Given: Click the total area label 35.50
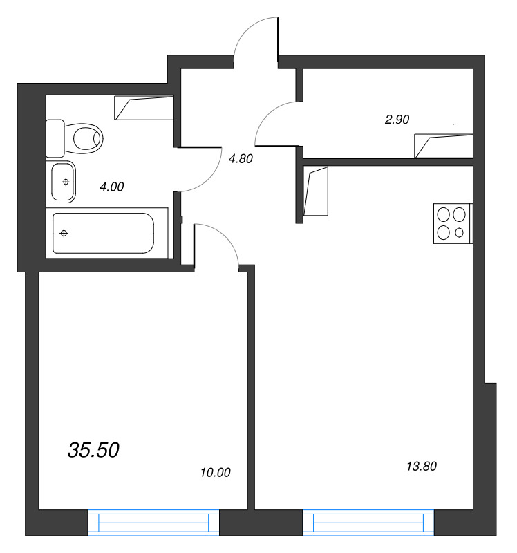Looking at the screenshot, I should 94,450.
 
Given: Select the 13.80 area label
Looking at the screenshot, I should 422,467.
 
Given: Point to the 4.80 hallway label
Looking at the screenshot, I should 241,158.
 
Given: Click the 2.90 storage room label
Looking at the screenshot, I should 397,119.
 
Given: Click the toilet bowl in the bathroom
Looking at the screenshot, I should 86,138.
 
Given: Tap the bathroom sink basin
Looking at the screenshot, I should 64,182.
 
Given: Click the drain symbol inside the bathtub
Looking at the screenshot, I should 64,233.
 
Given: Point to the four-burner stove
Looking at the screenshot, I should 453,223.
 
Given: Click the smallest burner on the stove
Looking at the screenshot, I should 460,233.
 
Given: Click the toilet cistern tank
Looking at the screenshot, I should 55,138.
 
